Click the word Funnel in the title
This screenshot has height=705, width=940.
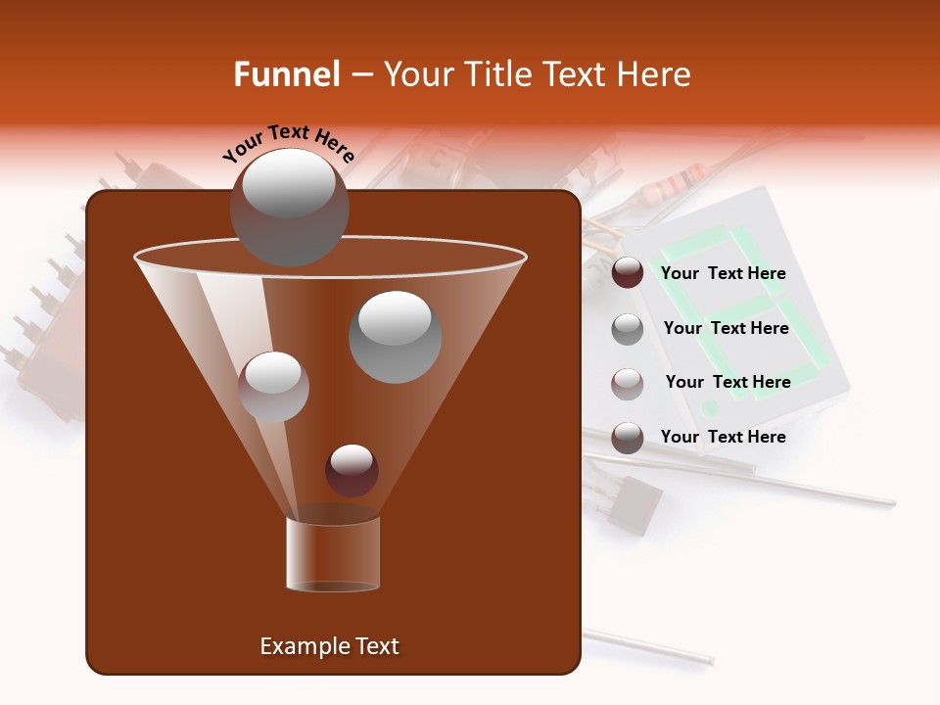point(286,74)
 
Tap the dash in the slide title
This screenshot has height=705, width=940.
point(360,75)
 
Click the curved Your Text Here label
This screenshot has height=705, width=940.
point(288,143)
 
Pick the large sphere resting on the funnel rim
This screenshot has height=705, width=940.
point(289,207)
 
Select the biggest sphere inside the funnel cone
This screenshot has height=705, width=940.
point(395,337)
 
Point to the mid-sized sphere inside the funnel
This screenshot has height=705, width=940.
point(273,387)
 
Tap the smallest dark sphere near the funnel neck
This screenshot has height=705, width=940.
point(352,470)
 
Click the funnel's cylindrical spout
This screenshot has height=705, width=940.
point(333,554)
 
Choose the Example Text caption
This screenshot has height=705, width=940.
point(329,646)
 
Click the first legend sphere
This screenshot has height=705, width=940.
point(627,273)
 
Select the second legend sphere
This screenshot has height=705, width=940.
point(627,329)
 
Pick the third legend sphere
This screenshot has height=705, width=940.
point(627,383)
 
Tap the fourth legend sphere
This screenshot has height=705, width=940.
point(627,438)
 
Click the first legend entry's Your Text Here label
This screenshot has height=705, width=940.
point(723,273)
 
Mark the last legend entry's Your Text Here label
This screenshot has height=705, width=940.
point(723,437)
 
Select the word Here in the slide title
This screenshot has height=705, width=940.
point(656,74)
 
